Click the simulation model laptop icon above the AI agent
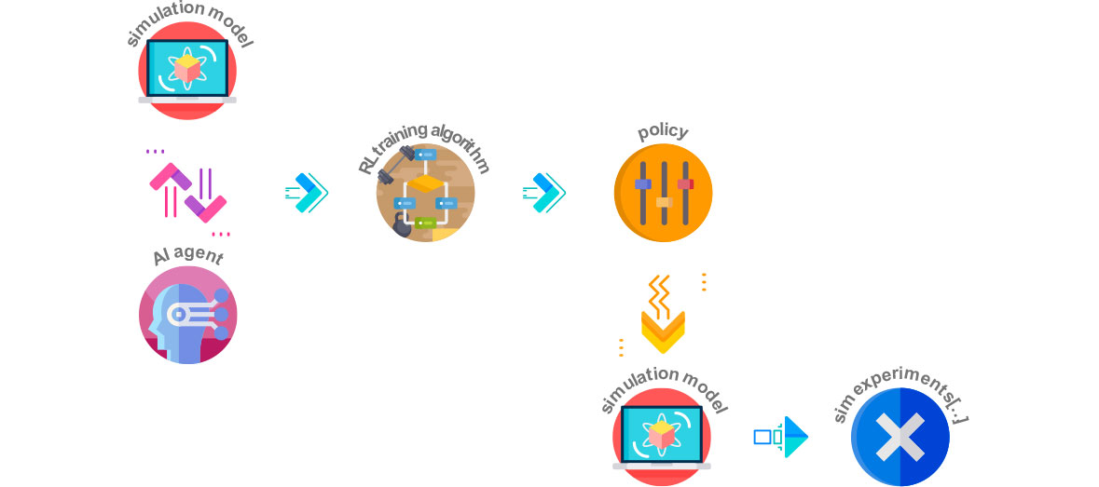[x=187, y=70]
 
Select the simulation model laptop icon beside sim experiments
[x=662, y=438]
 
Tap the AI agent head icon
[x=188, y=315]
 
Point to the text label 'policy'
[x=663, y=131]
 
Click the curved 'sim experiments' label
[x=900, y=396]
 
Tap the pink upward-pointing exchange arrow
[x=168, y=189]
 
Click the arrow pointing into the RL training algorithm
[x=307, y=193]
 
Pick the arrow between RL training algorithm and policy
[x=544, y=193]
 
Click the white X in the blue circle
[x=900, y=437]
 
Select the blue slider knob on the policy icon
[x=643, y=184]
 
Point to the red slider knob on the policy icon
[x=685, y=184]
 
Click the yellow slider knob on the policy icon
[x=664, y=202]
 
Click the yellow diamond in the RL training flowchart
[x=425, y=184]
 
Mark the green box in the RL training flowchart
[x=425, y=223]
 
